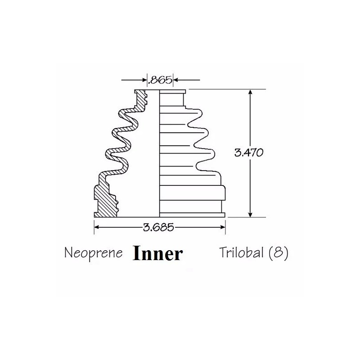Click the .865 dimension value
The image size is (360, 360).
pos(160,80)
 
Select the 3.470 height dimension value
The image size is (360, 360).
pos(249,153)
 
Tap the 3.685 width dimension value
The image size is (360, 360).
pos(158,227)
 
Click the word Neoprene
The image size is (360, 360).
pos(94,253)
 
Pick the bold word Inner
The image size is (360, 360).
pos(158,253)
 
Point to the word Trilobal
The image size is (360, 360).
pos(241,252)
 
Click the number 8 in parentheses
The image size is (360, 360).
pos(278,253)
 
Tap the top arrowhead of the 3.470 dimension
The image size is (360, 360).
pos(250,92)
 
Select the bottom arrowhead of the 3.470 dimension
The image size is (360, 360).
pos(250,214)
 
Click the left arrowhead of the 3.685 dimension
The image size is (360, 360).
pos(97,227)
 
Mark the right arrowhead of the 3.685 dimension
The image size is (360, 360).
pos(222,227)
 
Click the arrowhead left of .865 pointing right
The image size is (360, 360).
pos(144,80)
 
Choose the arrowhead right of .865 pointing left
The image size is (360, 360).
pos(176,80)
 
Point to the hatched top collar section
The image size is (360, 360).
pos(140,100)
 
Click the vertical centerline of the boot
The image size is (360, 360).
pos(159,153)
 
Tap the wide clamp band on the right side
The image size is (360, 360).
pos(193,193)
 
